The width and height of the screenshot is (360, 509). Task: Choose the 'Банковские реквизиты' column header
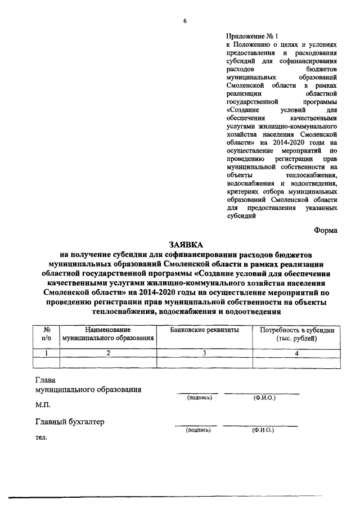point(205,330)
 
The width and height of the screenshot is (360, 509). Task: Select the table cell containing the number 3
point(205,353)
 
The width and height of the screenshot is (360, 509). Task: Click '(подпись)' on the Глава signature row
point(199,398)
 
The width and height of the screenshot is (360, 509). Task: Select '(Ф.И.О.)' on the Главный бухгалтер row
point(263,430)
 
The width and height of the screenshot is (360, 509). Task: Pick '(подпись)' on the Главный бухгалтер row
point(199,430)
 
